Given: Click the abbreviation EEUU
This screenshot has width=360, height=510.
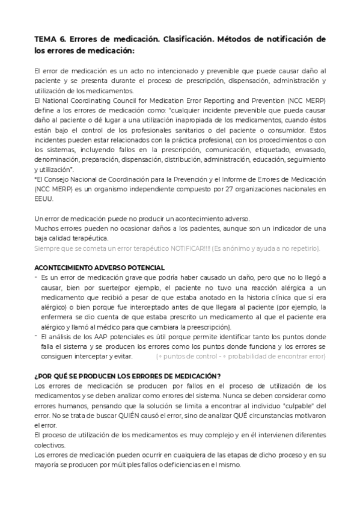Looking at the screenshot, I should click(44, 198).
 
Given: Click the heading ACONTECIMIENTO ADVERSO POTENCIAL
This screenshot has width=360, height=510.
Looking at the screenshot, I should click(100, 267).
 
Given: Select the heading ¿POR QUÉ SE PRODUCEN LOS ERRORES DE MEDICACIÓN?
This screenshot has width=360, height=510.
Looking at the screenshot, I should click(127, 376).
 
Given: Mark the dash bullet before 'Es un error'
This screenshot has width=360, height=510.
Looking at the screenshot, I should click(36, 277).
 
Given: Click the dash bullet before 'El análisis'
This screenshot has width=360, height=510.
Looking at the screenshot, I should click(36, 336).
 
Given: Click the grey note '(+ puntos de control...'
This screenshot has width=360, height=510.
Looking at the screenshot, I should click(240, 356).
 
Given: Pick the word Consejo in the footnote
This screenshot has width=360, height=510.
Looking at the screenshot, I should click(61, 179).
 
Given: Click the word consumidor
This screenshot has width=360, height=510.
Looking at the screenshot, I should click(282, 130).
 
